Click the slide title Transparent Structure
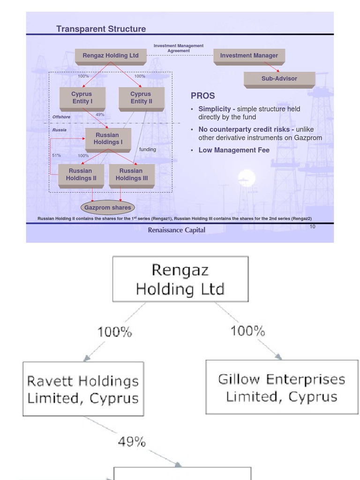(101, 29)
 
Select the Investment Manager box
(249, 56)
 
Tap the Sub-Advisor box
(279, 79)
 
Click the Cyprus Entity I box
(82, 98)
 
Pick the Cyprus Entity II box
(141, 98)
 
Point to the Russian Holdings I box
(108, 139)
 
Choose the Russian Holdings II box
(81, 175)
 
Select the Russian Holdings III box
(131, 175)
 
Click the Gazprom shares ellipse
(107, 208)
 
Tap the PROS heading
(202, 96)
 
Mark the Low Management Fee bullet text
(234, 150)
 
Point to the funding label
(148, 150)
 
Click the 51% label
(56, 155)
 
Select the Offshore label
(61, 117)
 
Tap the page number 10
(312, 227)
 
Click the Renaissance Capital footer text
(176, 230)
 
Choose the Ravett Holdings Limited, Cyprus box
(83, 389)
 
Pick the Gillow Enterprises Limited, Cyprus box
(281, 387)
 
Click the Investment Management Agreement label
(179, 48)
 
